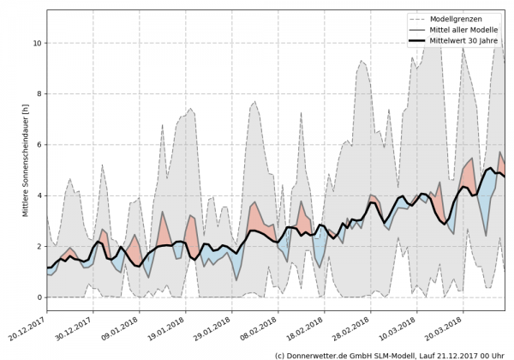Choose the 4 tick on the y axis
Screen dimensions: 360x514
click(38, 195)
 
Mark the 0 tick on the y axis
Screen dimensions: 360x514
click(38, 297)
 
